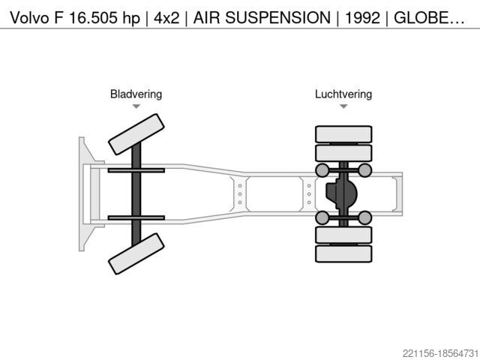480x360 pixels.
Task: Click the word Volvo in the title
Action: tap(29, 17)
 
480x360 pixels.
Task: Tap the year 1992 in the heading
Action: tap(362, 17)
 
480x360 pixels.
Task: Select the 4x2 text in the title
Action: tap(166, 17)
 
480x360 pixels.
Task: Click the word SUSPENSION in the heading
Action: tap(277, 17)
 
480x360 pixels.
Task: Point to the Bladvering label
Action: tap(136, 94)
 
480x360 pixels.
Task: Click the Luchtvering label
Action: tap(343, 94)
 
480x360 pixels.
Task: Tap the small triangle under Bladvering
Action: tap(136, 106)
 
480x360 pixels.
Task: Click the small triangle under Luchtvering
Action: tap(343, 106)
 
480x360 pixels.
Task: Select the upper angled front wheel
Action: tap(136, 134)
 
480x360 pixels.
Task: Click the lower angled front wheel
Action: tap(136, 253)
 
